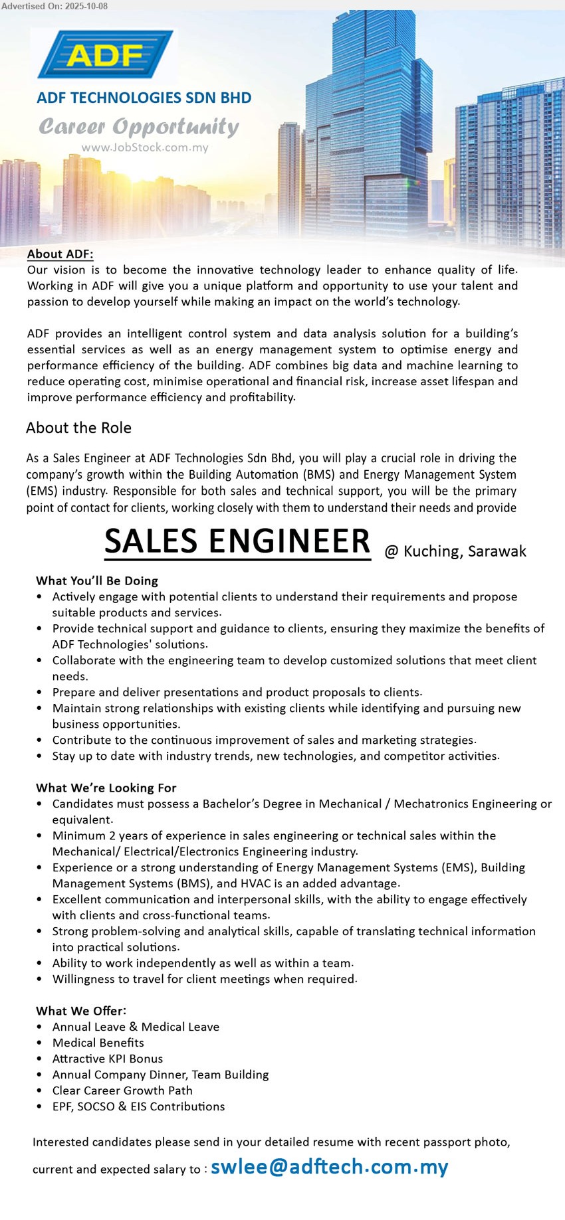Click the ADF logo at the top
click(x=106, y=54)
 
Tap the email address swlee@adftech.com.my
click(x=329, y=1167)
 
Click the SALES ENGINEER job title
click(x=237, y=541)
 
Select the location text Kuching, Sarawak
click(x=465, y=551)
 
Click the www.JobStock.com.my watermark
click(x=145, y=147)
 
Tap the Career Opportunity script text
click(x=139, y=126)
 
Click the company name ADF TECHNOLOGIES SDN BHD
click(x=144, y=98)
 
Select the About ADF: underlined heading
click(x=60, y=254)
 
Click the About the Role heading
click(x=78, y=428)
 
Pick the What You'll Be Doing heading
click(x=97, y=580)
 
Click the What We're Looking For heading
click(x=106, y=788)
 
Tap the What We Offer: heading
click(x=81, y=1011)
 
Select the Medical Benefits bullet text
click(x=98, y=1043)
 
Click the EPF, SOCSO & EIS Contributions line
click(x=138, y=1106)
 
